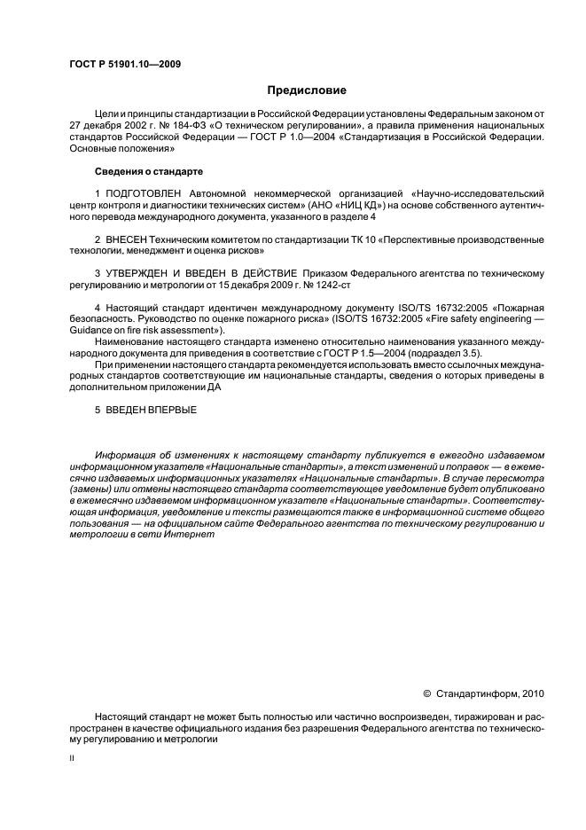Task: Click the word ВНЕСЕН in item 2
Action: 128,240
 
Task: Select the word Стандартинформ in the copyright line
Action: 471,693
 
